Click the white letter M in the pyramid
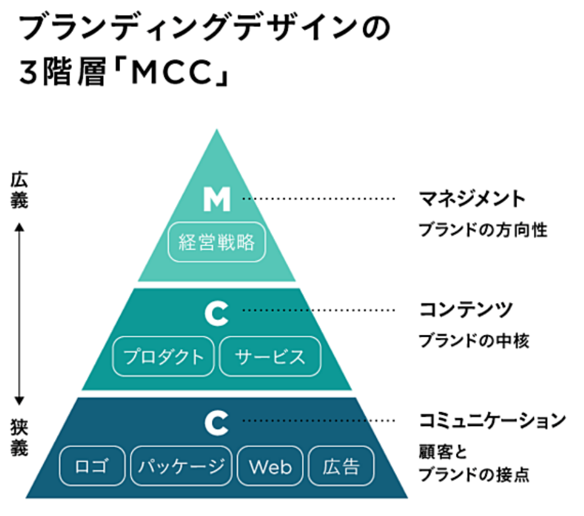tap(216, 199)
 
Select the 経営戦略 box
tap(217, 242)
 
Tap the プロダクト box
tap(163, 357)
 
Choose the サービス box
tap(270, 357)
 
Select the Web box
tap(270, 466)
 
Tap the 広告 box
tap(342, 466)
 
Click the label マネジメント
tap(472, 199)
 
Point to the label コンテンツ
tap(466, 309)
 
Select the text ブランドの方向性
tap(483, 230)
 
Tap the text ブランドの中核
tap(474, 340)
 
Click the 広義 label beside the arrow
tap(19, 191)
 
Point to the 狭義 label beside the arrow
tap(19, 437)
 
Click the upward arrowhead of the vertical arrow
tap(19, 227)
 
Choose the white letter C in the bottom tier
tap(216, 424)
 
